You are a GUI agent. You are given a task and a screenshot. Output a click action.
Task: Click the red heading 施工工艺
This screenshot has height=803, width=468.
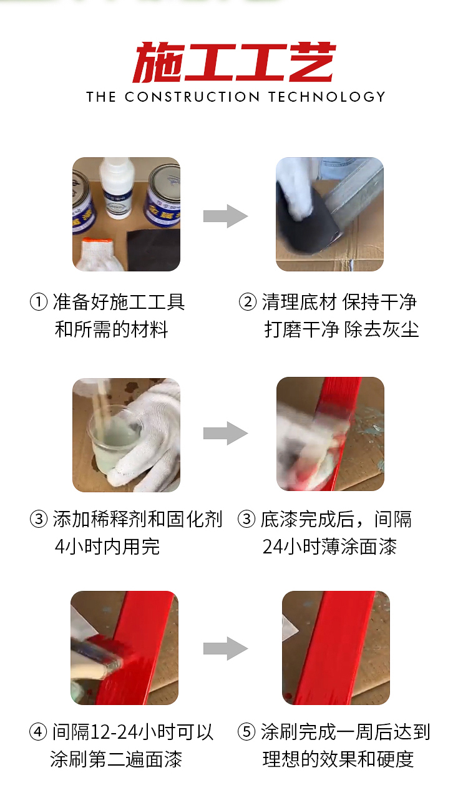(234, 63)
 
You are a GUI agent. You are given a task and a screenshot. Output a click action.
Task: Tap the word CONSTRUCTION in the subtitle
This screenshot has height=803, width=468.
(192, 97)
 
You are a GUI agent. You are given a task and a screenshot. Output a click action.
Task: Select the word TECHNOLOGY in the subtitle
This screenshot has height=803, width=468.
(327, 97)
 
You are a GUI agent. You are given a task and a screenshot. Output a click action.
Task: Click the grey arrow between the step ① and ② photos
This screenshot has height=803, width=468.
(225, 216)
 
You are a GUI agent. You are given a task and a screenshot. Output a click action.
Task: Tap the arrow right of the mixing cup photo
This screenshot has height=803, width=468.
(225, 433)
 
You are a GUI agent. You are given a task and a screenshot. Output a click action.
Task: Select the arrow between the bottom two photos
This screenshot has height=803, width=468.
(225, 648)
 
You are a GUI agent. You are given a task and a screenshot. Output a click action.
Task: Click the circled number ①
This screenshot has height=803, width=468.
(39, 303)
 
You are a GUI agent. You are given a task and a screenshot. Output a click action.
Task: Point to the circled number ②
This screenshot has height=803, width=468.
(247, 303)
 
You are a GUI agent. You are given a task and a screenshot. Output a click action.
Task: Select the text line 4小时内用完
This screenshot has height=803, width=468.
(107, 547)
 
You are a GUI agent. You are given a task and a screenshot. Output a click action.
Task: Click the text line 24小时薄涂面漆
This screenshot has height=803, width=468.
(329, 547)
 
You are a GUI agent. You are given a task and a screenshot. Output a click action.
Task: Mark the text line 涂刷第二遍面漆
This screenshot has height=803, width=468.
(116, 759)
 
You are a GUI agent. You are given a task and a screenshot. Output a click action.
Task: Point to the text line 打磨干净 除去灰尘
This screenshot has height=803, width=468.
(341, 329)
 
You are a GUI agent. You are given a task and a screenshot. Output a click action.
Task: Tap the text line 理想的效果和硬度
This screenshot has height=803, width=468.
(338, 759)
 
